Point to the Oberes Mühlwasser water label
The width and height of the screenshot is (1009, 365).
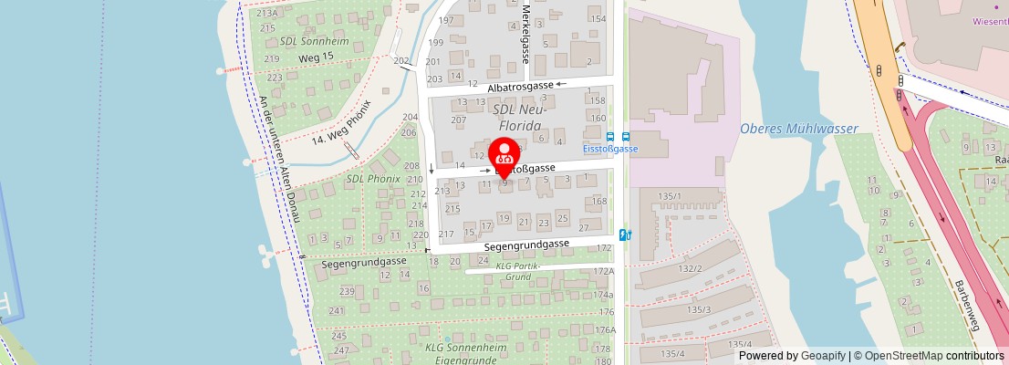coord(798,129)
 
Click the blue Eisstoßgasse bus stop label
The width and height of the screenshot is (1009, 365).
coord(609,149)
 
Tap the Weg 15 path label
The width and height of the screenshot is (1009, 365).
coord(317,58)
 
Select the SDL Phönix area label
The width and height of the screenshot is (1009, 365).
coord(372,179)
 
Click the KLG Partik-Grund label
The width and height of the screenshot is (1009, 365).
coord(518,271)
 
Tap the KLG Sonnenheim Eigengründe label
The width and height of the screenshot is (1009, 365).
coord(464,354)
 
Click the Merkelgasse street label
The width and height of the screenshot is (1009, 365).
coord(526,31)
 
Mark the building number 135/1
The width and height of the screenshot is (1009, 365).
coord(671,196)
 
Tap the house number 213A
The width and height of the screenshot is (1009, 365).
coord(267,14)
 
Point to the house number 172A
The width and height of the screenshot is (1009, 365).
coord(603,271)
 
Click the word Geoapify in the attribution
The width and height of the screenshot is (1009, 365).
coord(822,356)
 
